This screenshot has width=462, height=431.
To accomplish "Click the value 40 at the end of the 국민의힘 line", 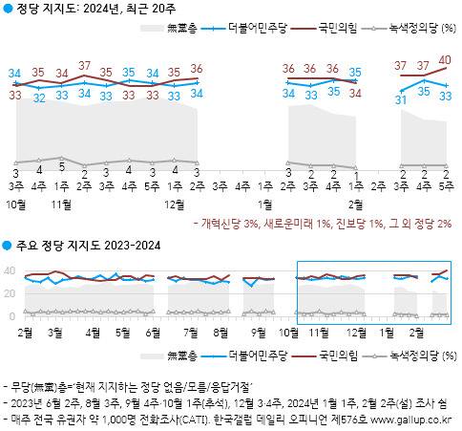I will coord(444,59).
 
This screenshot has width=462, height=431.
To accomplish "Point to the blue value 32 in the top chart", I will coord(39,97).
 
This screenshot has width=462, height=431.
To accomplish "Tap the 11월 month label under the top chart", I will coord(62,204).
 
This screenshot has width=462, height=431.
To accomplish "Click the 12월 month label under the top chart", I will coord(175,204).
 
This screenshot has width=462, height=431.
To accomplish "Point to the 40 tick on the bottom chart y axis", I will coord(10,270).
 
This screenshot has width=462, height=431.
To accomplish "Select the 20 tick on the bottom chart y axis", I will coord(10,293).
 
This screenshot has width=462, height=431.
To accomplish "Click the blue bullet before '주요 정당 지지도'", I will coord(8,247).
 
